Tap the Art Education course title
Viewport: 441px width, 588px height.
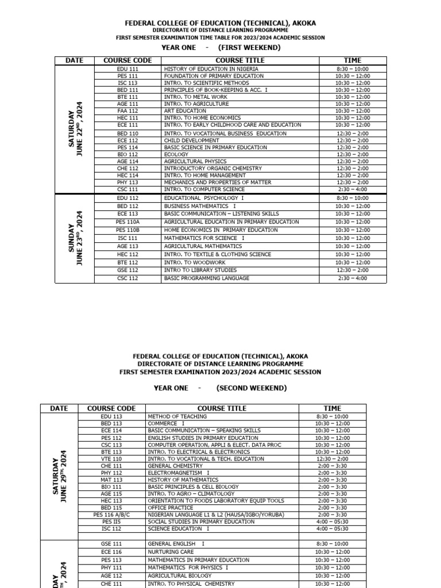pos(185,111)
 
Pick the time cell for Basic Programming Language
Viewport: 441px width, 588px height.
pos(352,278)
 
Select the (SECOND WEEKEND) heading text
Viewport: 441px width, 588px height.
pos(251,388)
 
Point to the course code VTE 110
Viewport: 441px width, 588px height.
pos(111,459)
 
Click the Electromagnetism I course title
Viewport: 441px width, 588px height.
pos(179,473)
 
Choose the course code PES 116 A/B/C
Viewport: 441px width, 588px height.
pos(111,515)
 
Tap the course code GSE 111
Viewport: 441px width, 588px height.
pos(111,543)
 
